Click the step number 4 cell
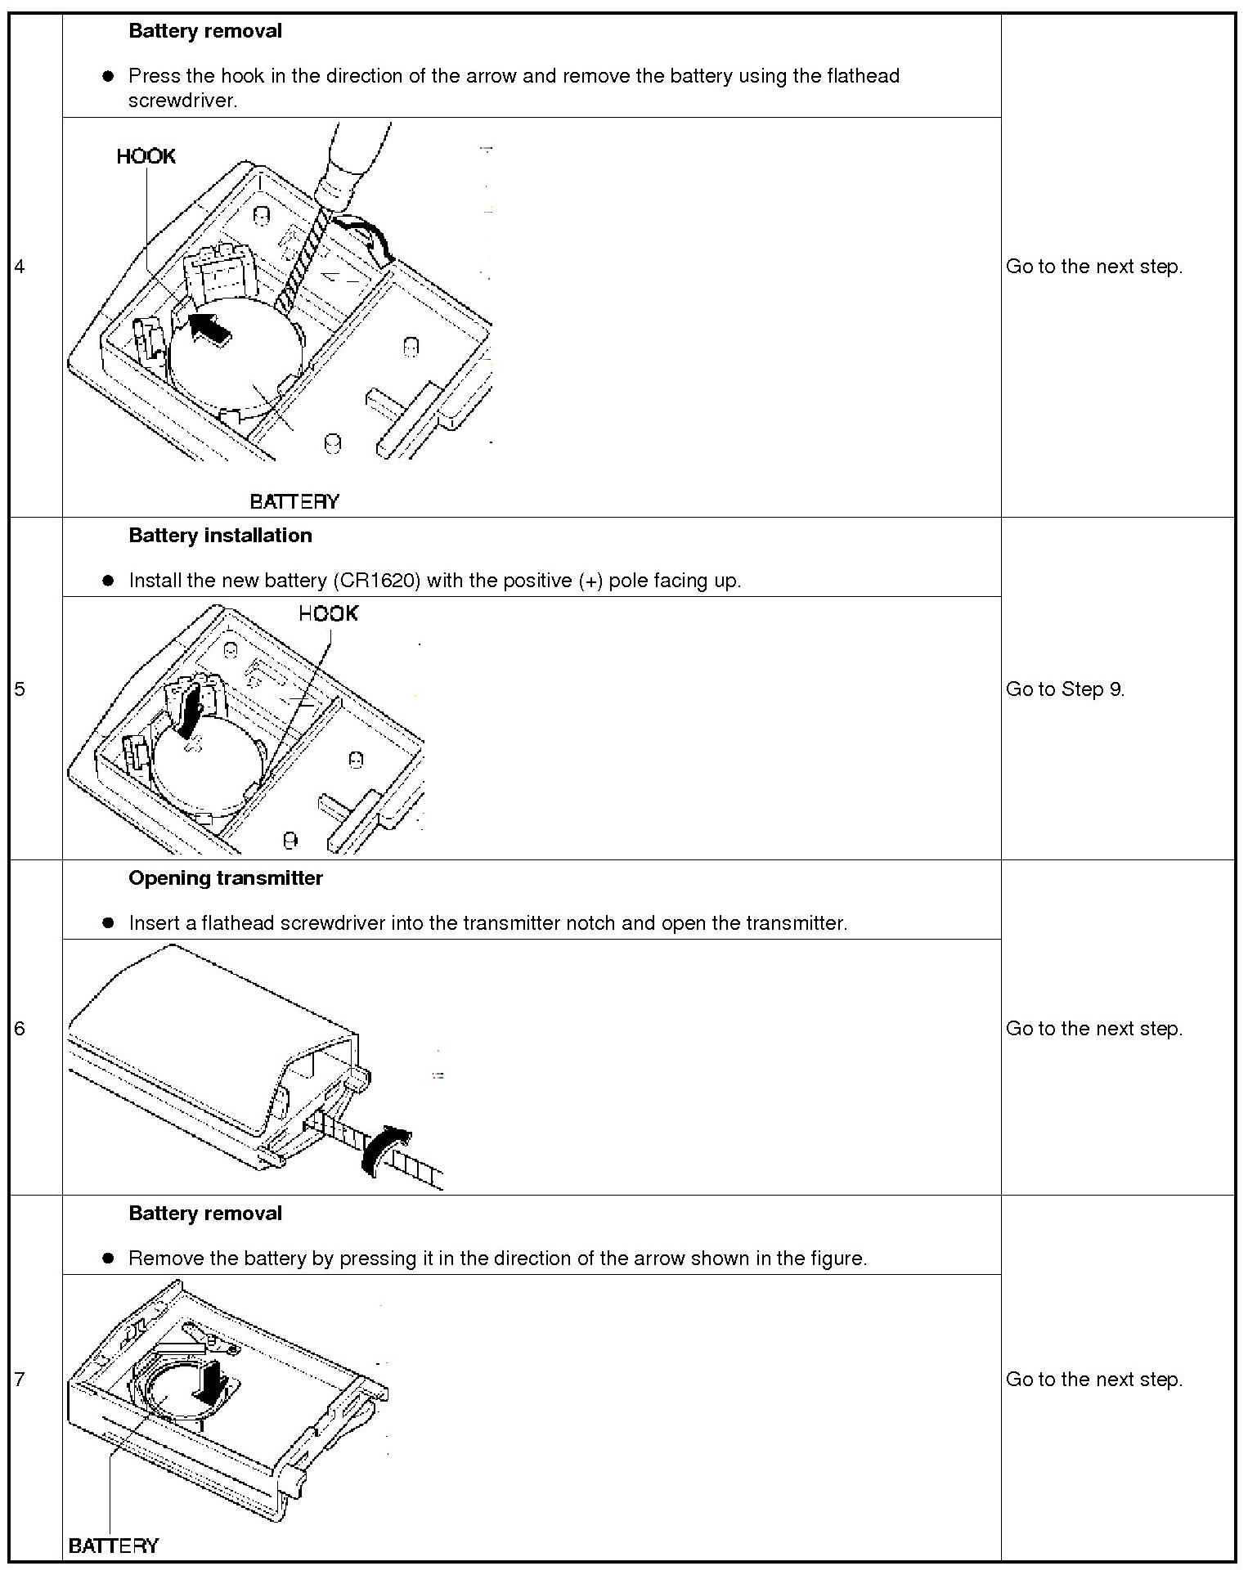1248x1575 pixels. [20, 267]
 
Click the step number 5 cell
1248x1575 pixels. [20, 689]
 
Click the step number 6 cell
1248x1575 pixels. [20, 1029]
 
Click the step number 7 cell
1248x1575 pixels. [20, 1380]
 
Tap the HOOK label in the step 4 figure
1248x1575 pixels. [146, 156]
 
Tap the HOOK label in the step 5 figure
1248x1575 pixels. [328, 614]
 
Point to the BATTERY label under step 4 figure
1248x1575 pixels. [294, 501]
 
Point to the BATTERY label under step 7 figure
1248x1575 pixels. [114, 1545]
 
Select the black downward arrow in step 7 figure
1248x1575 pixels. [214, 1383]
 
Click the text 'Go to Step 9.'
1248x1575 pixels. [1065, 689]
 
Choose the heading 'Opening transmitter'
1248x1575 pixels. [226, 878]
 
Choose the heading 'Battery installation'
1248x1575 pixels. [220, 536]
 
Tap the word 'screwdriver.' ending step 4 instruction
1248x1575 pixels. [182, 101]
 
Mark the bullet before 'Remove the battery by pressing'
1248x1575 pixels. [107, 1259]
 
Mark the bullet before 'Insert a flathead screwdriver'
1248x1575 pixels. [107, 923]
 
